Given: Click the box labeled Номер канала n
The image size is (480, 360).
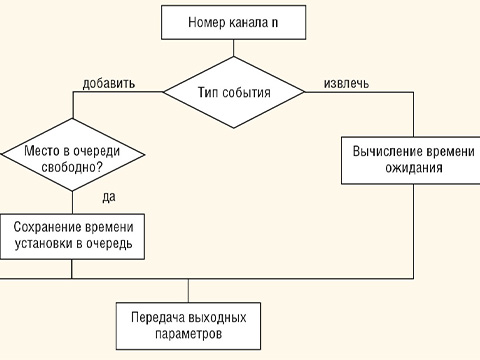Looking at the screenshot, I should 233,21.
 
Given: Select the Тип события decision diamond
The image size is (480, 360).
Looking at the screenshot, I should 234,93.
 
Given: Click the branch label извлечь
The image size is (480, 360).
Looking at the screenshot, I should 347,83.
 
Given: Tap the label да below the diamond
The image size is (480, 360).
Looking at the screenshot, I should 109,196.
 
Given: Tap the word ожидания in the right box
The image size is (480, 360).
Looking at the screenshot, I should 411,169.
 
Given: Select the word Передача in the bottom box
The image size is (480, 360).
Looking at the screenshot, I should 156,316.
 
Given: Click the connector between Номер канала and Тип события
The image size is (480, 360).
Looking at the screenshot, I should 233,49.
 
